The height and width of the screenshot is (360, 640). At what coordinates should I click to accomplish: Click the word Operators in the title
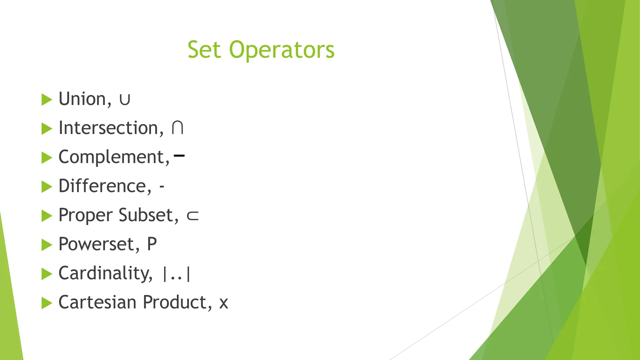[282, 50]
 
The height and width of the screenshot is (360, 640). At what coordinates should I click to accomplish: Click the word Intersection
[111, 128]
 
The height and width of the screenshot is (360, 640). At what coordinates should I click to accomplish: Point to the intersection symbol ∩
[177, 128]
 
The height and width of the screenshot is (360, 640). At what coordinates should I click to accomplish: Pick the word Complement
[114, 157]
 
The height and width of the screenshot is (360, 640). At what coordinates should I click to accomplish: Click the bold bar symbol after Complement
[179, 155]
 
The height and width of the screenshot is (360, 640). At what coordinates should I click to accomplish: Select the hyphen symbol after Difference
[162, 187]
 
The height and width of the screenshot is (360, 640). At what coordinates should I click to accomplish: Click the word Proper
[85, 216]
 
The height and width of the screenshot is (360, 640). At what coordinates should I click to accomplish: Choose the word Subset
[149, 215]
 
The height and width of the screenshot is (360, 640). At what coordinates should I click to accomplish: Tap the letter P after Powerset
[152, 244]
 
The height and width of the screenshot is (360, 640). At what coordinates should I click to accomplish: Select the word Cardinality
[106, 273]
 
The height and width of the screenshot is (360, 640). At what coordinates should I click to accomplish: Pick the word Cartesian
[97, 302]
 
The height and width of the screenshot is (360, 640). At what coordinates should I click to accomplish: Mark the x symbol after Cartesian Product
[223, 303]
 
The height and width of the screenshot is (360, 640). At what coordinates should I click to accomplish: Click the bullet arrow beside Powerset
[47, 245]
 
